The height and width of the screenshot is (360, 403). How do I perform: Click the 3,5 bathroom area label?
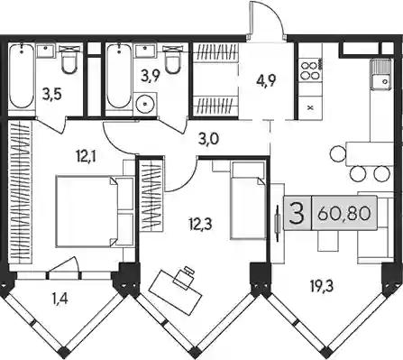point(52,94)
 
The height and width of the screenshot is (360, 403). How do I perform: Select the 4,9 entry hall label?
point(266,80)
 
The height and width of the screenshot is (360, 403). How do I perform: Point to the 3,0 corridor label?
point(208,140)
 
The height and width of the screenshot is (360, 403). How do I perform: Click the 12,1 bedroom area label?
point(86,158)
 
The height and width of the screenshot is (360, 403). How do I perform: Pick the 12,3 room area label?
point(200,224)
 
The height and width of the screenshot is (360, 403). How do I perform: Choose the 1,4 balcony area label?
point(60,299)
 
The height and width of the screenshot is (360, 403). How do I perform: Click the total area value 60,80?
point(343,214)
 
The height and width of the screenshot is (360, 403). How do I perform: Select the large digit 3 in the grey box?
point(297,214)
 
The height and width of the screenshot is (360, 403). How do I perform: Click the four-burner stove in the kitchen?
point(311,70)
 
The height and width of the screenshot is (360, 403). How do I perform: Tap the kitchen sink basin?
point(381,74)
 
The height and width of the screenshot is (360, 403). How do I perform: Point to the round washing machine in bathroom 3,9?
point(145,104)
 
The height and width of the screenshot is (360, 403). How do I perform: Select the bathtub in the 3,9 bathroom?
point(119,76)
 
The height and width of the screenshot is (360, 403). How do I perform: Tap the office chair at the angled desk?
point(184,277)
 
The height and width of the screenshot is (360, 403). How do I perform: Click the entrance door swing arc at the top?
point(269,18)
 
